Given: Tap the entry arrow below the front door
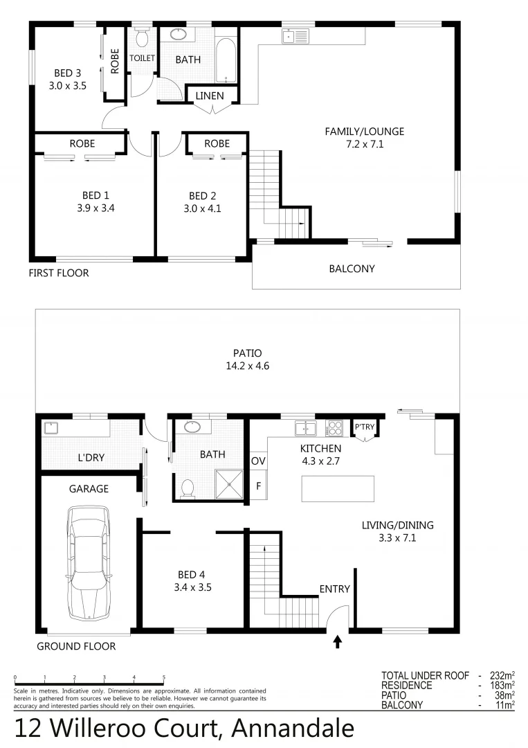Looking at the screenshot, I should tap(338, 642).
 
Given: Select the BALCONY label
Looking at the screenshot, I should tap(352, 268).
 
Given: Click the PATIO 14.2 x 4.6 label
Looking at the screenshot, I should tap(246, 359).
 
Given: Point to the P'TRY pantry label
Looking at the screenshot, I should tap(364, 427).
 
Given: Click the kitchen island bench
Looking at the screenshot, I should tap(338, 488).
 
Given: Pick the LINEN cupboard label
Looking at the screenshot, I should tap(209, 96).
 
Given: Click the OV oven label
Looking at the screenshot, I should tap(258, 461).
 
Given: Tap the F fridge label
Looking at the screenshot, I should tap(258, 486).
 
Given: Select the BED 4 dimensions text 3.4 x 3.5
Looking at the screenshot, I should tap(194, 587).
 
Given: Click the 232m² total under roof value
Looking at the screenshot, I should tap(500, 675).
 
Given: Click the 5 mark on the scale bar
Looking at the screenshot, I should tap(163, 677).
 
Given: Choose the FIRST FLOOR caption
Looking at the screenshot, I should tap(59, 273).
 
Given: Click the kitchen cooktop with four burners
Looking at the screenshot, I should tap(334, 427).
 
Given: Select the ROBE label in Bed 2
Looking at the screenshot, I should tap(217, 143).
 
